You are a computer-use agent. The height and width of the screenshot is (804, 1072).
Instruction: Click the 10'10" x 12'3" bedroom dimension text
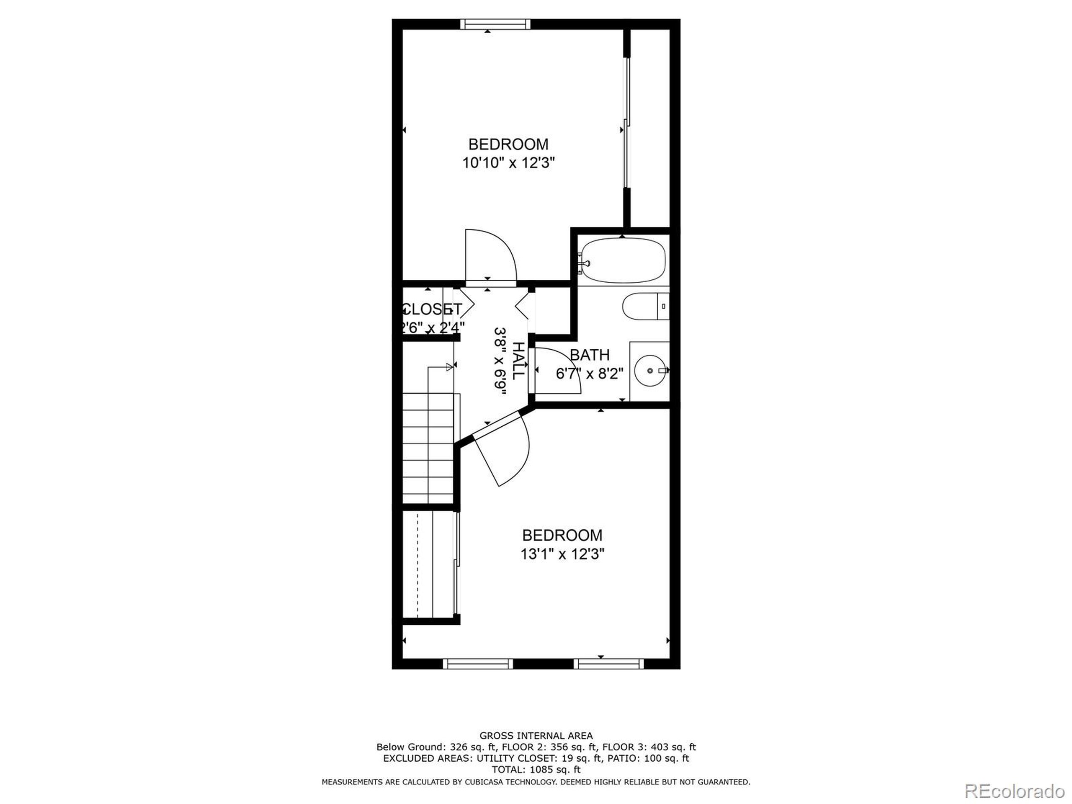point(508,163)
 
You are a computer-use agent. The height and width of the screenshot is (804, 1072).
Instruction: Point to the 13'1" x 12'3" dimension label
point(562,554)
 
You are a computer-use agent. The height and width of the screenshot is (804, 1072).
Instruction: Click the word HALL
point(518,361)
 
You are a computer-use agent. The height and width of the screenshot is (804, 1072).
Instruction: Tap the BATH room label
point(589,355)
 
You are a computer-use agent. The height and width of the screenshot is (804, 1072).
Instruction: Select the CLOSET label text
point(432,309)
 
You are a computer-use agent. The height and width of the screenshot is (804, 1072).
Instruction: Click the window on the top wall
point(495,24)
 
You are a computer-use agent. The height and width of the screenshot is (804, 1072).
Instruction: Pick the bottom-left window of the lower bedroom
point(477,663)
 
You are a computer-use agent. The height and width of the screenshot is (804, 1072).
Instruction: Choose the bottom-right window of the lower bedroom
point(609,663)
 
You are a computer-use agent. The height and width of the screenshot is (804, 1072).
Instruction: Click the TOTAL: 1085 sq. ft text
point(536,769)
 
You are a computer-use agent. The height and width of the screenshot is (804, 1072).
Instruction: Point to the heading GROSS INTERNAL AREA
point(536,736)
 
